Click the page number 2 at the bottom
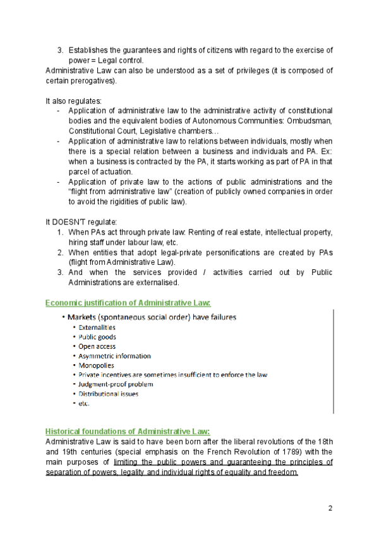click(x=330, y=508)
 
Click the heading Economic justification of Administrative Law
click(x=128, y=303)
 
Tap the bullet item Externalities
click(x=97, y=327)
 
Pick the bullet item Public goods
click(x=97, y=337)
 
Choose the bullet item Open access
click(x=97, y=346)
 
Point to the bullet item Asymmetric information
click(x=114, y=356)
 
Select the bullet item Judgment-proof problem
click(x=116, y=384)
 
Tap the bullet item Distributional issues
click(x=108, y=394)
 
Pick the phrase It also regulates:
click(x=69, y=100)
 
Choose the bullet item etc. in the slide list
click(x=84, y=403)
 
